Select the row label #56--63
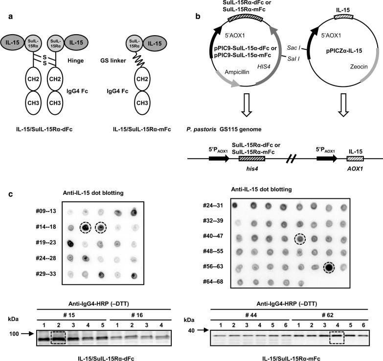pos(215,267)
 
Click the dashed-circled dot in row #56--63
pos(329,267)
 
